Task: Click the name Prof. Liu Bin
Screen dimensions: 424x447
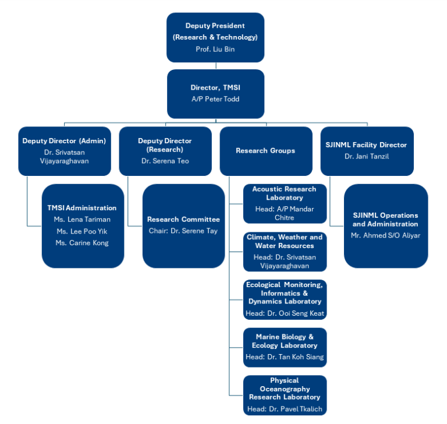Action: coord(215,49)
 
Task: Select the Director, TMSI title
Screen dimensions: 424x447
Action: coord(215,87)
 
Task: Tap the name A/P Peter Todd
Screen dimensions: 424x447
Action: coord(215,99)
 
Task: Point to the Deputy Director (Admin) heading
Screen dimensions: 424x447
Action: coord(64,141)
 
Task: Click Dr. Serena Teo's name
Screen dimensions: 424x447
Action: coord(165,161)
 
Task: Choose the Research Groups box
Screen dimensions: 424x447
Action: coord(265,151)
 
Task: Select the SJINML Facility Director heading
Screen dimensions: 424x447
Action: coord(367,145)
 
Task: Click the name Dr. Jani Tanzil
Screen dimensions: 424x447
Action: coord(367,157)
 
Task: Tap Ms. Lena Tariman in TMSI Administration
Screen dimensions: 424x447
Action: coord(82,220)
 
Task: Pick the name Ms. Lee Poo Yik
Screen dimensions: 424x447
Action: coord(82,231)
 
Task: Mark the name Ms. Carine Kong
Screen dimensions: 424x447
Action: coord(82,243)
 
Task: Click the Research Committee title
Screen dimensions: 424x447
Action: coord(183,220)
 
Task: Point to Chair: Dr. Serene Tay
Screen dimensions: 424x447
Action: coord(183,231)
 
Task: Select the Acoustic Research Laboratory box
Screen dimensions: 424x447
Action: coord(285,203)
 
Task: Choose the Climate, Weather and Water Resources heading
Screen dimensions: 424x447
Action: coord(285,241)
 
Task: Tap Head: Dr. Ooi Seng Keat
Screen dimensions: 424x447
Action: coord(285,313)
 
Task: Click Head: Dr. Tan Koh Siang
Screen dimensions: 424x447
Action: coord(285,357)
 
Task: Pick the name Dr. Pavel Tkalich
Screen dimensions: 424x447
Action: coord(296,409)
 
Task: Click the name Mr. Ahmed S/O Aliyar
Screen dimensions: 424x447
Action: coord(385,236)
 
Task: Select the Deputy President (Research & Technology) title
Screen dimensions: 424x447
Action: coord(215,31)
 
